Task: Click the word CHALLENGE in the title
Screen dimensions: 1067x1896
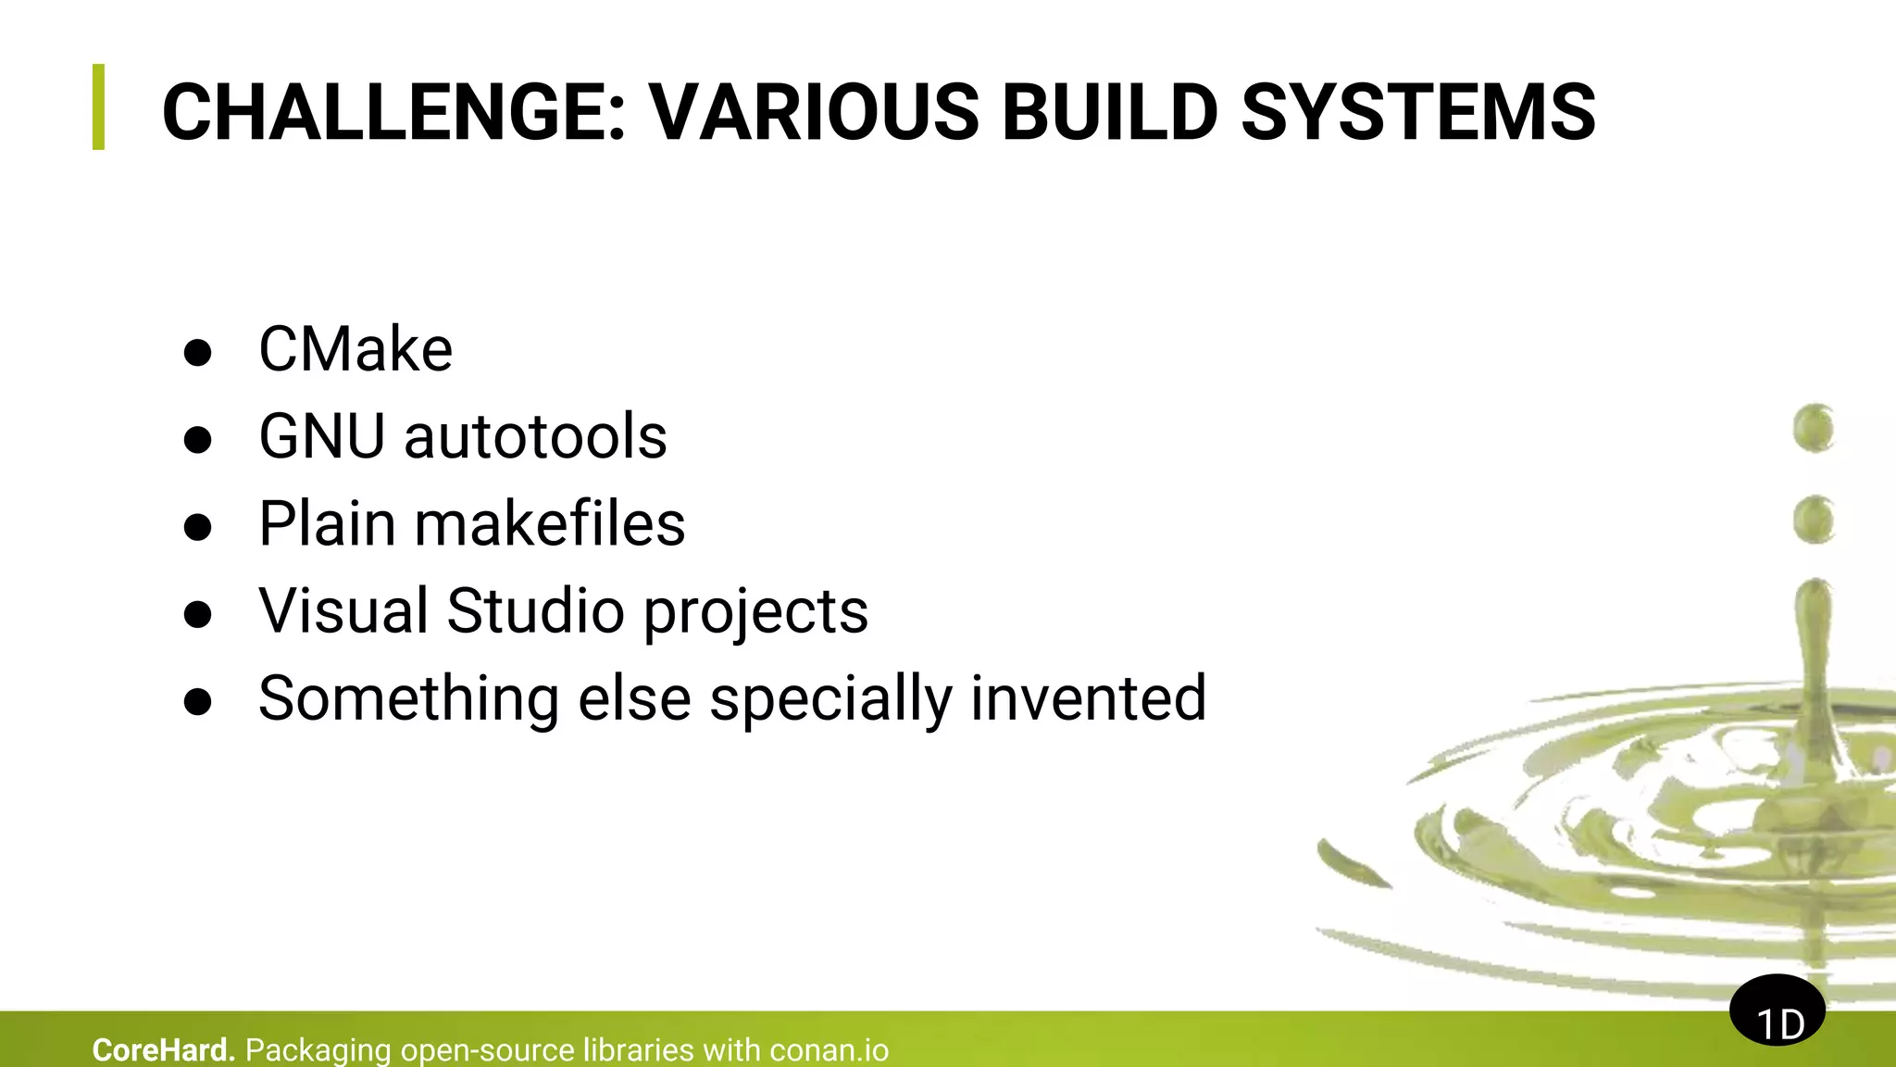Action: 394,113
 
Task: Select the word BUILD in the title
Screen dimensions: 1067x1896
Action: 1109,113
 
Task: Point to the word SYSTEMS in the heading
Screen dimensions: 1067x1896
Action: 1417,113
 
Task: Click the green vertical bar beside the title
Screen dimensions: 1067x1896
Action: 99,107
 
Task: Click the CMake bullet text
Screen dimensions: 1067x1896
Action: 355,350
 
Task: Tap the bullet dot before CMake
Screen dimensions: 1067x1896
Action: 197,353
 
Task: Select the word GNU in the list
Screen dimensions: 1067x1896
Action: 321,437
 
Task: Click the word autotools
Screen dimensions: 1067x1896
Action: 535,437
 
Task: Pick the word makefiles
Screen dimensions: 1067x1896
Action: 550,524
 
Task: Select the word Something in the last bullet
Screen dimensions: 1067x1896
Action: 408,698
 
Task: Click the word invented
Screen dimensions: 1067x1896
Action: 1089,698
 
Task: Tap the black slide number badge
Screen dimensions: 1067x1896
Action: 1777,1011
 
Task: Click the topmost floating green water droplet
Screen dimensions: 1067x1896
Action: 1813,428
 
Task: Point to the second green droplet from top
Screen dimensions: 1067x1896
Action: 1813,519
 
